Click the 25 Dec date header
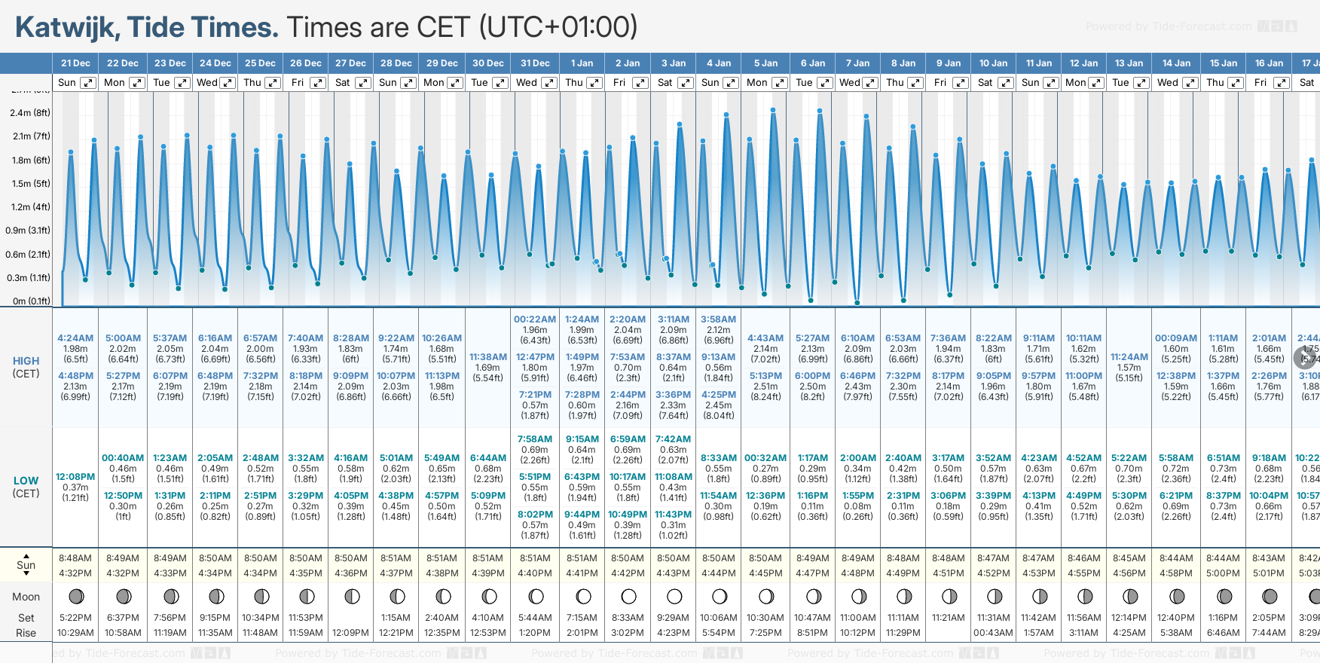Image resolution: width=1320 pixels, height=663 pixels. (x=260, y=63)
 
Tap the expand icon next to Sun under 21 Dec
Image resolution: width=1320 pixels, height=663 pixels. (x=88, y=83)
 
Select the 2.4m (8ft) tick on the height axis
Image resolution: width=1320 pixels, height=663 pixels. (x=30, y=113)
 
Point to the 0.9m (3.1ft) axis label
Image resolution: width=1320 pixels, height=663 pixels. (x=28, y=231)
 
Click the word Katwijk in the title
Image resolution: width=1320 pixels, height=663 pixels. (x=66, y=27)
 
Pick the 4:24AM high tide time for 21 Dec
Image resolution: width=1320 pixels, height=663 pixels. (x=75, y=338)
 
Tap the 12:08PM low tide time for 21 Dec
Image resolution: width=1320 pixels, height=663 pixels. (x=75, y=477)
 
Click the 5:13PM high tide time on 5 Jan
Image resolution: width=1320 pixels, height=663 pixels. (x=765, y=376)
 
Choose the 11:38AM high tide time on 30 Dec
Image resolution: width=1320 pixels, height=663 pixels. (x=488, y=357)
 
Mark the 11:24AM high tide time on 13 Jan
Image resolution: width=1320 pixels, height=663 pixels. (x=1129, y=357)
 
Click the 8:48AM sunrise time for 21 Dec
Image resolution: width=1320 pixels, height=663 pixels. (x=75, y=558)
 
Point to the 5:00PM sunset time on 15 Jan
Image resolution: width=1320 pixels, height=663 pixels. (x=1223, y=573)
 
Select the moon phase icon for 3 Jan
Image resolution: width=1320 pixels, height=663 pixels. (x=674, y=597)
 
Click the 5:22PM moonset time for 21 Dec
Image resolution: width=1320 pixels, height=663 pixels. (x=75, y=618)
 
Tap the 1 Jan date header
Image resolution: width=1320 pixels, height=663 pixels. (x=582, y=63)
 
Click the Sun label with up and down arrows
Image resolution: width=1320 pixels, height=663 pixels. (x=26, y=565)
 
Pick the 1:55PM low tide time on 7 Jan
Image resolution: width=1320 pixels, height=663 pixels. (x=858, y=496)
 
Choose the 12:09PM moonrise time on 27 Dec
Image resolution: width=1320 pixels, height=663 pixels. (x=351, y=633)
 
